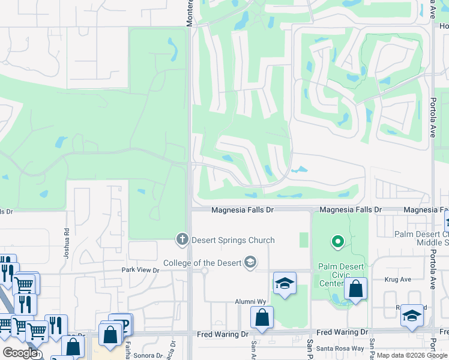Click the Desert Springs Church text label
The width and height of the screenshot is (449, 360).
(233, 240)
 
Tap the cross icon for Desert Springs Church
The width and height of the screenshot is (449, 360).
(182, 240)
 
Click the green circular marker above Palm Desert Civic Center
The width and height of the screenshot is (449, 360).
(338, 242)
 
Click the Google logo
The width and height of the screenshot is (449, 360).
(20, 353)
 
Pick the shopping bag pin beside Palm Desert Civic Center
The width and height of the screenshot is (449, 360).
(355, 289)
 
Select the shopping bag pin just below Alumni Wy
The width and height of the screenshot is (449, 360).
(262, 318)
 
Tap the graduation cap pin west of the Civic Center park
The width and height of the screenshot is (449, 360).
(285, 284)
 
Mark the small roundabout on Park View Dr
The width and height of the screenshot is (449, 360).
(204, 271)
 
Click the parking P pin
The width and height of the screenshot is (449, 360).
(122, 324)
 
